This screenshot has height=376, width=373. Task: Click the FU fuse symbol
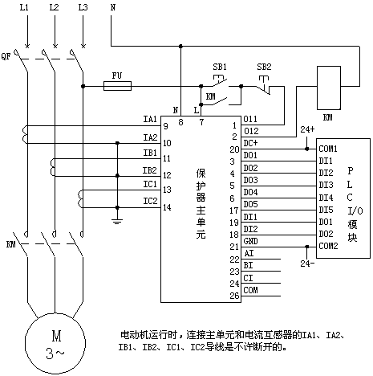[x=117, y=86]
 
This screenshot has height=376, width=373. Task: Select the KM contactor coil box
[x=329, y=88]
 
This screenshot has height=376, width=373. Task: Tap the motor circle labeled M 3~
[x=55, y=344]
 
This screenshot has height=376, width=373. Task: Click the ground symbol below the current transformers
[x=117, y=221]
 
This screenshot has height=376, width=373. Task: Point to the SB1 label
[x=220, y=67]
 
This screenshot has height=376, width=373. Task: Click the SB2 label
[x=264, y=67]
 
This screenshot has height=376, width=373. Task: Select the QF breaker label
[x=6, y=56]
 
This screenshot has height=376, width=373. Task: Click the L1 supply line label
[x=24, y=7]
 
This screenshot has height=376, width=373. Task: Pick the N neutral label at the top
[x=113, y=7]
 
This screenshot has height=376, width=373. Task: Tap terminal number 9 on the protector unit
[x=166, y=126]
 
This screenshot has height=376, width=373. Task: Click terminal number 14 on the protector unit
[x=167, y=207]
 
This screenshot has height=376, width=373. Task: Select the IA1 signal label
[x=150, y=119]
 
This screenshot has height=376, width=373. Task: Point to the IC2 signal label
[x=150, y=201]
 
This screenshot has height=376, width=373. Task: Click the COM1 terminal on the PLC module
[x=328, y=149]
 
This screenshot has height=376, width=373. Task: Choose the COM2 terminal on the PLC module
[x=328, y=246]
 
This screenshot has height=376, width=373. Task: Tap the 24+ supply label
[x=307, y=129]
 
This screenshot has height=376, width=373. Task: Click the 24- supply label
[x=307, y=264]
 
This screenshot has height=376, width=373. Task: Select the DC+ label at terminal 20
[x=250, y=143]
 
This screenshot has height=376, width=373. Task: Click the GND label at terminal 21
[x=250, y=241]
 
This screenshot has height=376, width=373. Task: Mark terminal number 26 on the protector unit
[x=234, y=296]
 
